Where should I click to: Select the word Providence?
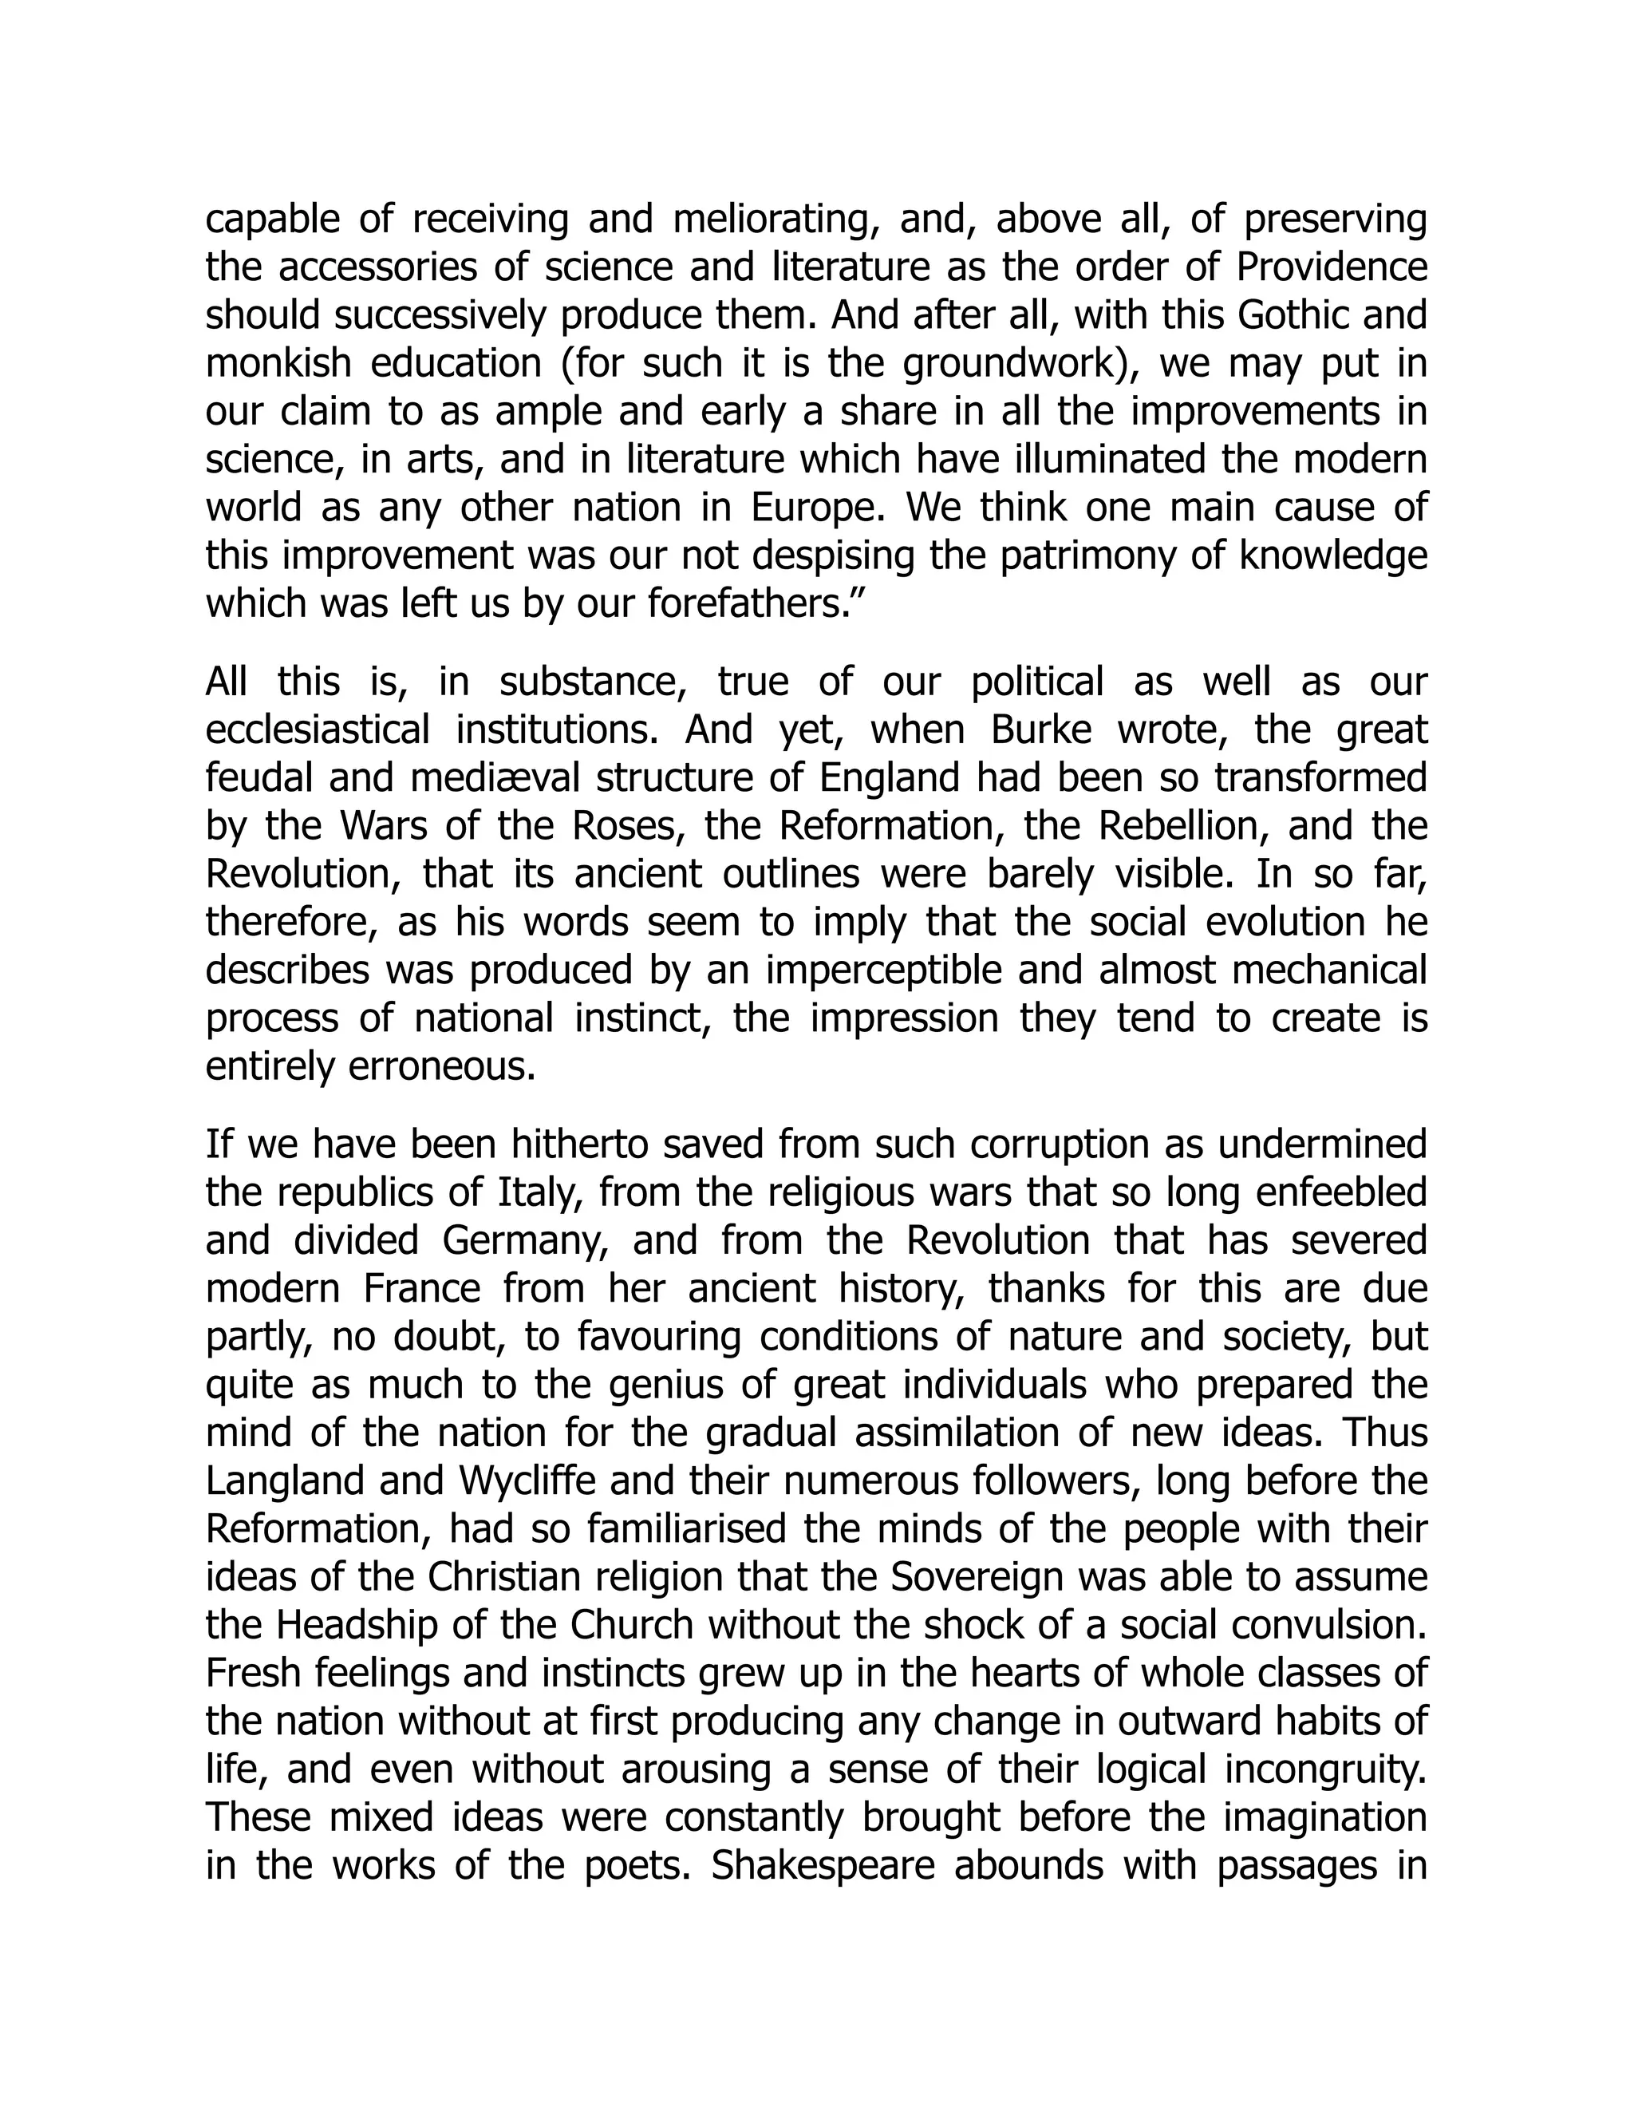tap(1332, 268)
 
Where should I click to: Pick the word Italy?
tap(539, 1193)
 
